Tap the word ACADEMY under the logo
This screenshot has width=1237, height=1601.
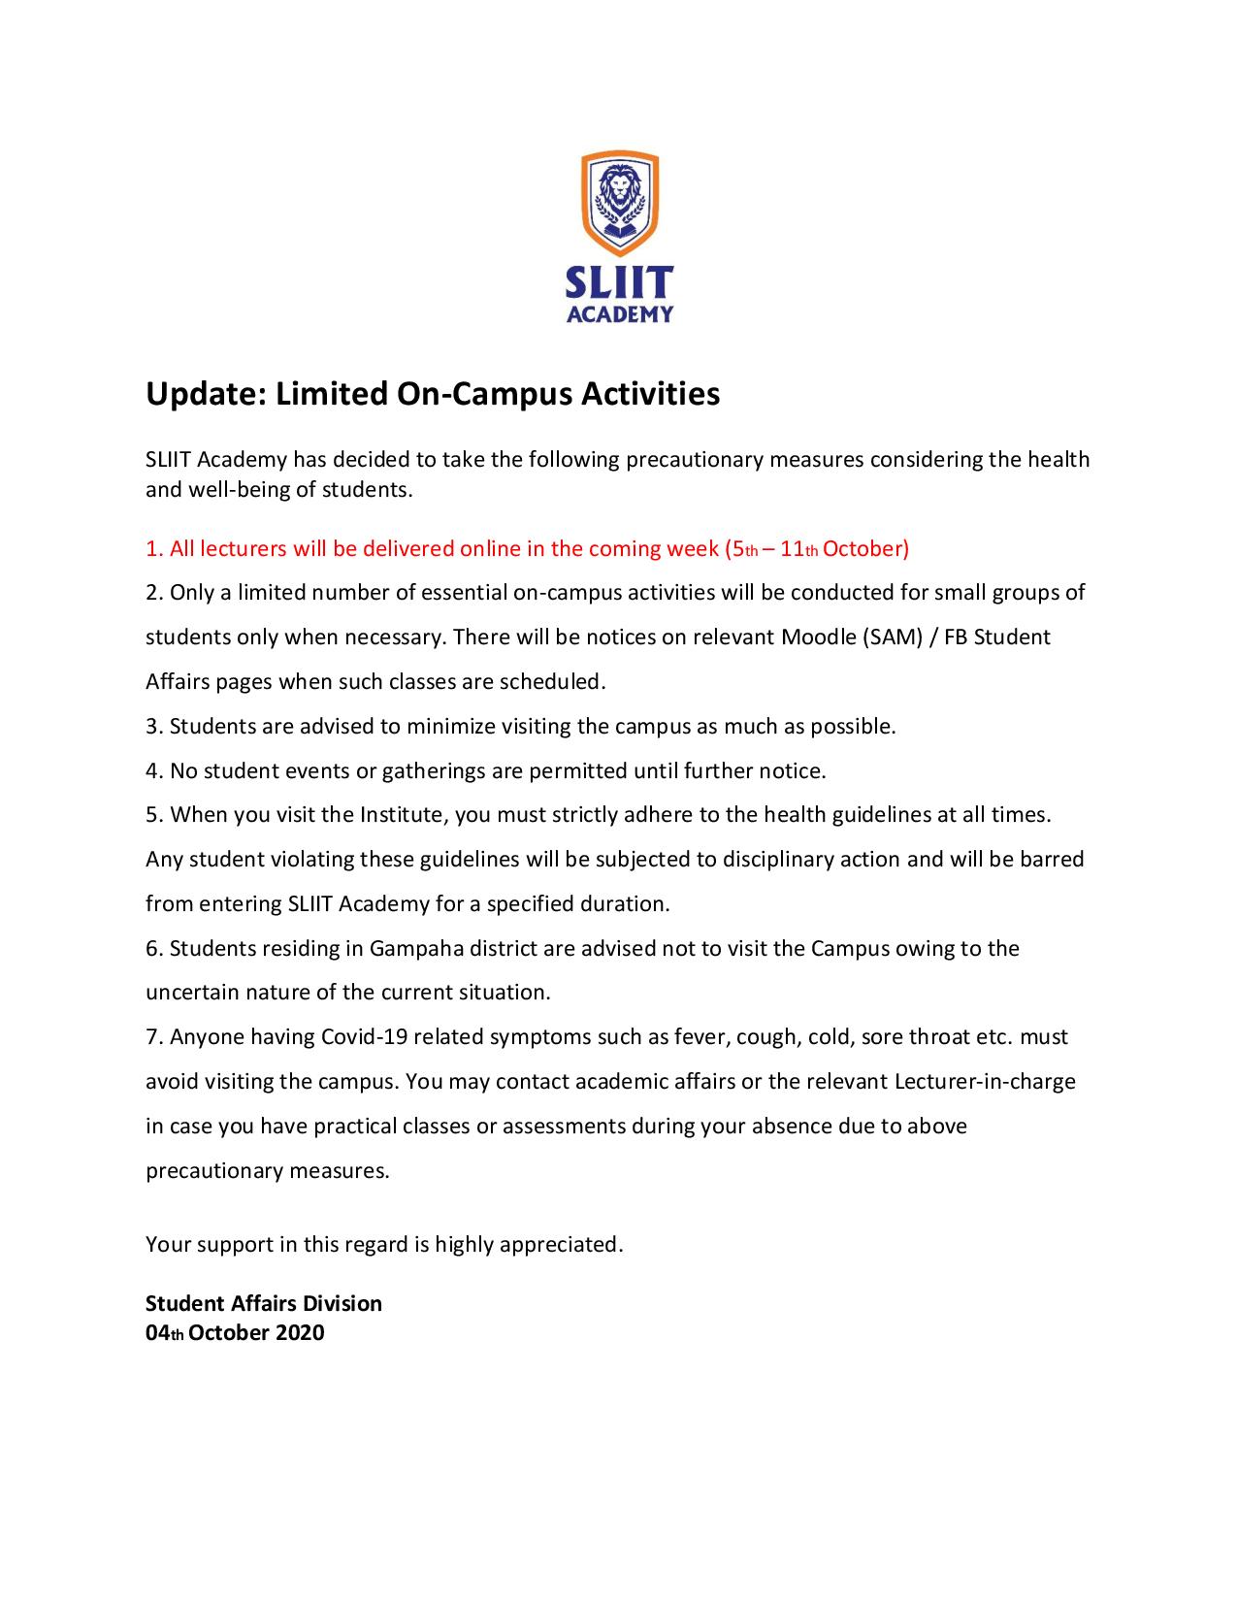pyautogui.click(x=619, y=313)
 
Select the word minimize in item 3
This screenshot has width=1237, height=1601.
pyautogui.click(x=451, y=727)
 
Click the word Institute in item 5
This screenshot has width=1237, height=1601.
pyautogui.click(x=401, y=815)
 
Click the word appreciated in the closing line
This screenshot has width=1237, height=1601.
pyautogui.click(x=561, y=1245)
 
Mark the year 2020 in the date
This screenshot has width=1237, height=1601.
pyautogui.click(x=300, y=1333)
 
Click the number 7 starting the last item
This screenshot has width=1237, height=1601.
pyautogui.click(x=151, y=1037)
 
